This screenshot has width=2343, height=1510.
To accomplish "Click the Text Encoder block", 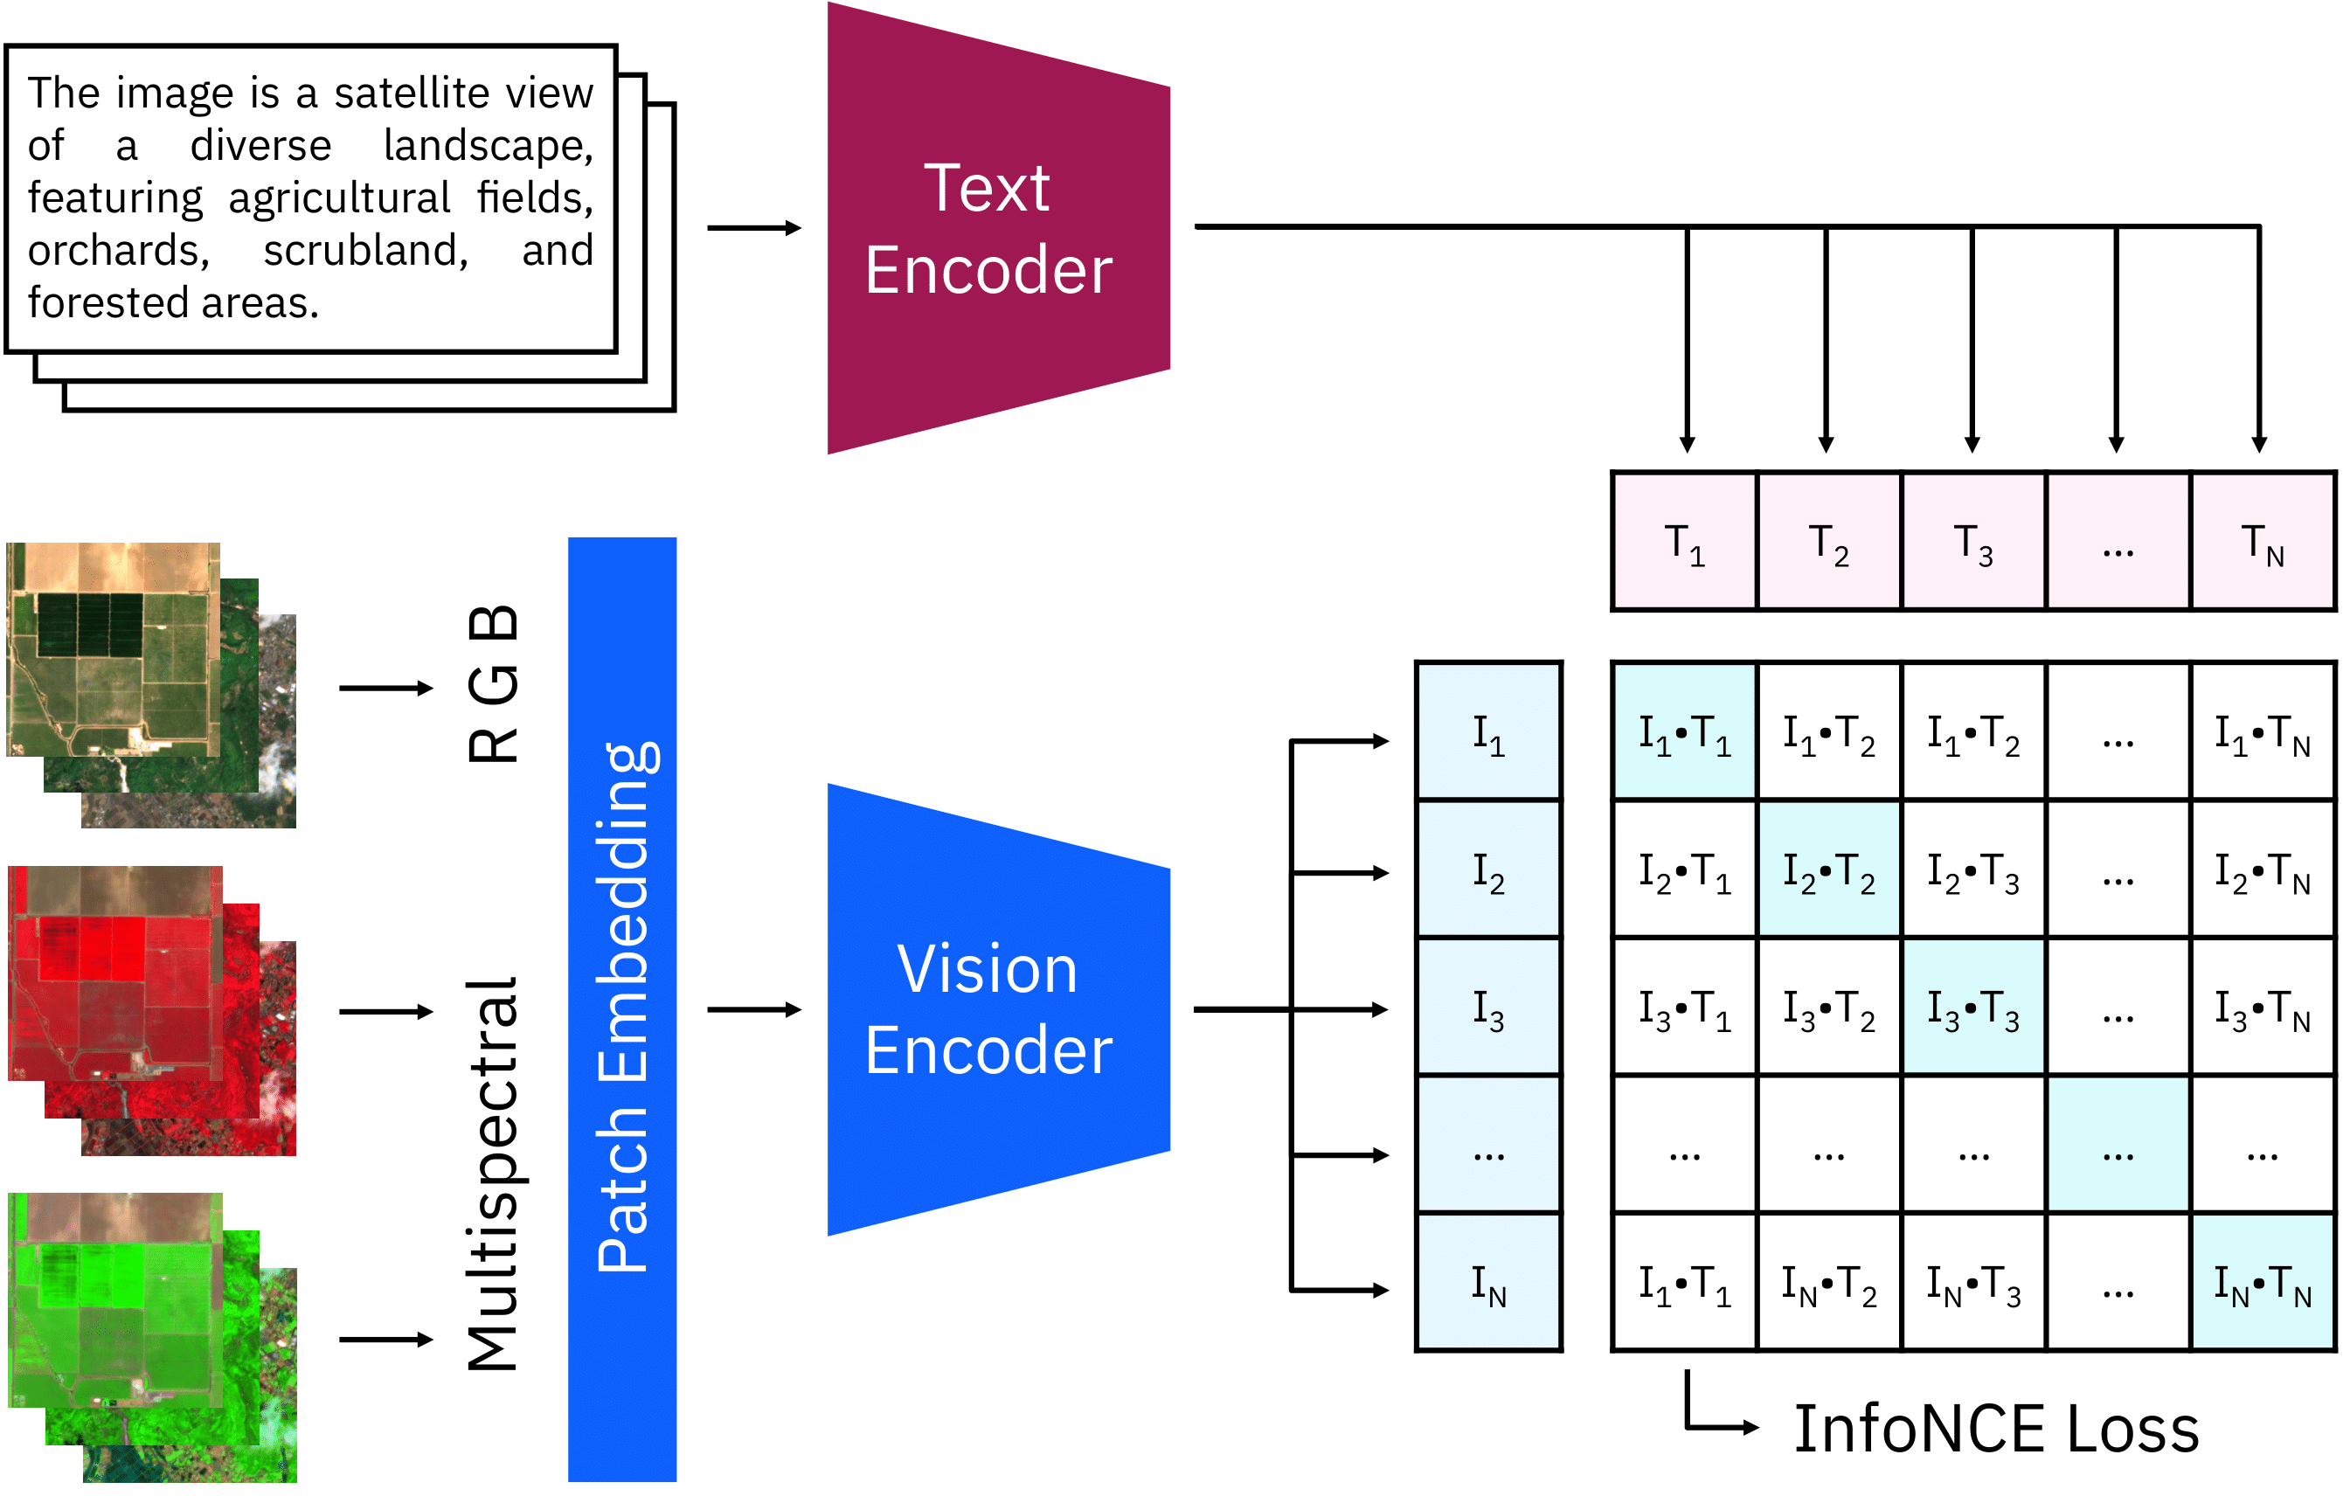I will tap(990, 228).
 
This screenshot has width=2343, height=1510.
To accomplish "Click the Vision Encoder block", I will tap(990, 1010).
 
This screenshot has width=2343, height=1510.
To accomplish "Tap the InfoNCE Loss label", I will tap(1996, 1429).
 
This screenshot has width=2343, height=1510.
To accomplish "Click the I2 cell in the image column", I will tap(1488, 870).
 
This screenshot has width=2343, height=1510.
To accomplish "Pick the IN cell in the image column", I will tap(1488, 1284).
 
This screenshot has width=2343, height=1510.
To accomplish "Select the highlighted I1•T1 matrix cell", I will tap(1684, 732).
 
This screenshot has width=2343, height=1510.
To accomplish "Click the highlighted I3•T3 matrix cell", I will tap(1972, 1008).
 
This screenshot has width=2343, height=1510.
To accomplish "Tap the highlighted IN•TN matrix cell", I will tap(2263, 1284).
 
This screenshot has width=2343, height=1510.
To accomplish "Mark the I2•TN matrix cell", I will tap(2263, 870).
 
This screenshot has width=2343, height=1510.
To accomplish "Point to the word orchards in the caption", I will tap(118, 251).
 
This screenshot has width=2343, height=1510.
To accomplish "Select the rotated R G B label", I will tap(493, 684).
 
